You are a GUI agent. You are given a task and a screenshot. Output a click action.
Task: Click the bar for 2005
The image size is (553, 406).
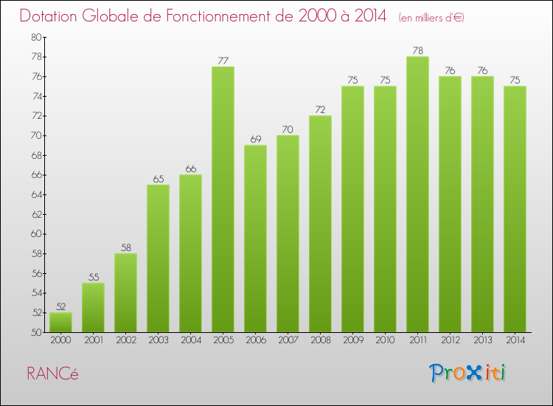223,199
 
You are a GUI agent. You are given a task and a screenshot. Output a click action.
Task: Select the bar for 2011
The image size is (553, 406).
417,194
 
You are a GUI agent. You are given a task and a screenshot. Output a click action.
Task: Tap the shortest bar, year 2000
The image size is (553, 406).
60,323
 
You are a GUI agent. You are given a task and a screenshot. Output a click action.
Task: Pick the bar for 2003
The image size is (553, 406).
158,258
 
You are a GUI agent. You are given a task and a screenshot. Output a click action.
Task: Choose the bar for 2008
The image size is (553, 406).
320,224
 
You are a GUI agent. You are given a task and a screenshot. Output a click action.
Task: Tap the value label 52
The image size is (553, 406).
60,306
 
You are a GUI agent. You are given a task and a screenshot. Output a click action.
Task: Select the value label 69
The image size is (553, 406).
255,139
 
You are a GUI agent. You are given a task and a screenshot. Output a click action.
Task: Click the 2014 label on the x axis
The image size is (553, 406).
515,340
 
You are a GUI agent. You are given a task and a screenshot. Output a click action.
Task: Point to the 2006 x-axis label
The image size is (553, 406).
255,340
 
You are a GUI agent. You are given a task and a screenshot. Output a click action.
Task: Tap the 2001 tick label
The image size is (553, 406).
93,340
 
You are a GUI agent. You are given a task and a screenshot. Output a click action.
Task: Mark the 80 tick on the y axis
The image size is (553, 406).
36,37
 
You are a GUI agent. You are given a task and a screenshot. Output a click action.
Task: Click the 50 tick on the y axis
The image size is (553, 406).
36,332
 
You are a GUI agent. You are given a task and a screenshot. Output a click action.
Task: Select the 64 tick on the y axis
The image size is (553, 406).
36,194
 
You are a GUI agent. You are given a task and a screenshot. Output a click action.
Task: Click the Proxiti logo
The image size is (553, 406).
468,373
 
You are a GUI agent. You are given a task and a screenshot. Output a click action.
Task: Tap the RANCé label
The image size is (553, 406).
52,374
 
